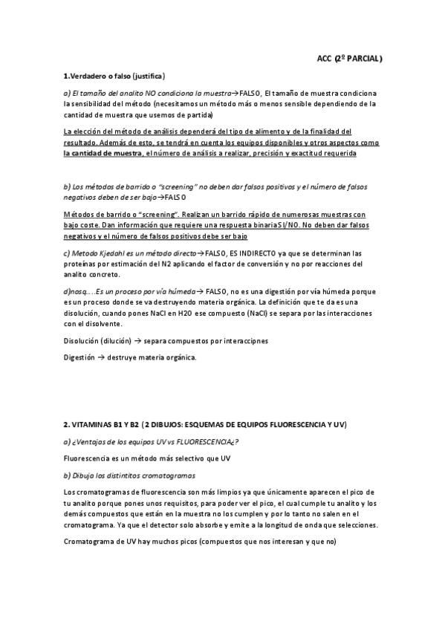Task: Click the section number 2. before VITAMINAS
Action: (67, 424)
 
